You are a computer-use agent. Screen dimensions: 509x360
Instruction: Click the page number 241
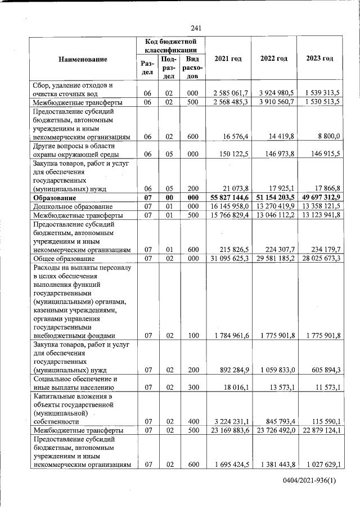(x=196, y=29)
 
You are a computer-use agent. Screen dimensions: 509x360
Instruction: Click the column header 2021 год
(x=228, y=59)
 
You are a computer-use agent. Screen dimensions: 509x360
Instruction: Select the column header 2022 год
(x=274, y=59)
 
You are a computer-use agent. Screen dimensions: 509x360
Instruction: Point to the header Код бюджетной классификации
(x=170, y=46)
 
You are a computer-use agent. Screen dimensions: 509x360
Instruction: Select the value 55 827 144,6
(x=228, y=198)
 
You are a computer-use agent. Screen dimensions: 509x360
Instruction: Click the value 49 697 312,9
(x=319, y=198)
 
